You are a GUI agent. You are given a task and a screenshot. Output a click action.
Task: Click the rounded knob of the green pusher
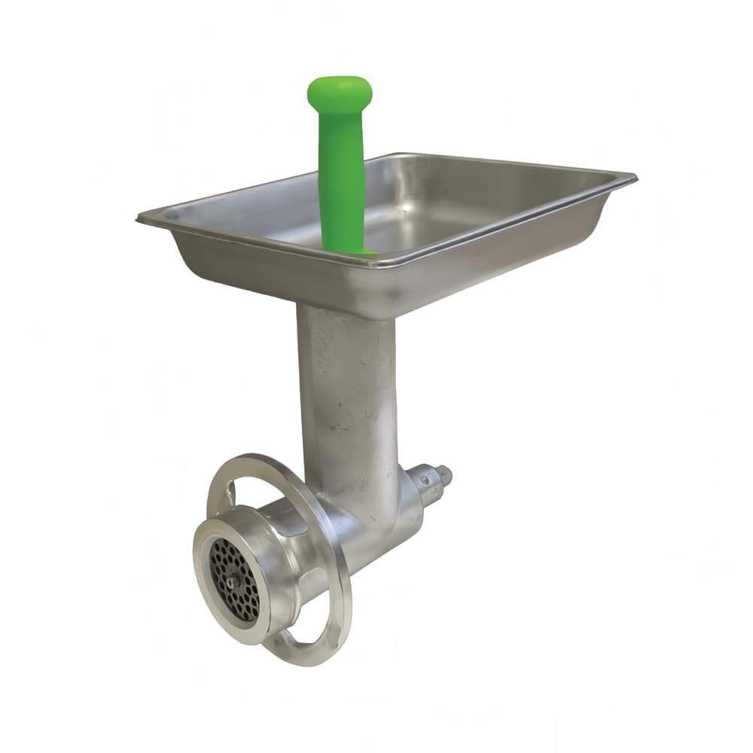pyautogui.click(x=339, y=91)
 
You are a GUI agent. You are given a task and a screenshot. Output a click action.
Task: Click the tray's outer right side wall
pyautogui.click(x=527, y=241)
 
